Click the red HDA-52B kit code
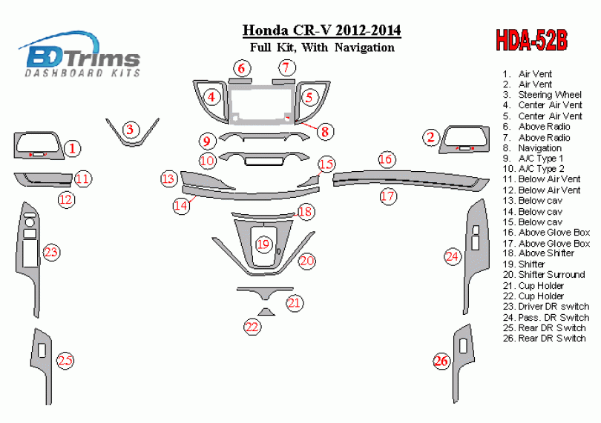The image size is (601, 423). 531,40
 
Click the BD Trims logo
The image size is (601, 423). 79,55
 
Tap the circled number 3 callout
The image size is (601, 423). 130,130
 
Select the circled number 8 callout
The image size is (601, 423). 325,132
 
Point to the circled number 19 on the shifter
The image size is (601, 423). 263,244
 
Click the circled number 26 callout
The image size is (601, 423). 441,361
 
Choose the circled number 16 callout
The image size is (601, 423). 386,159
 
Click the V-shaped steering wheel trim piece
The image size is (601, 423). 132,142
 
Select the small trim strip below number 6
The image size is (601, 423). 240,81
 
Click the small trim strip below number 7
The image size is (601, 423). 283,81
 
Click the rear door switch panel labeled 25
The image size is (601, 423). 42,364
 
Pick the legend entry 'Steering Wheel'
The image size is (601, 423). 550,95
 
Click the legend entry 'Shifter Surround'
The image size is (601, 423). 551,275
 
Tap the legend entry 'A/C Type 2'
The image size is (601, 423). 541,169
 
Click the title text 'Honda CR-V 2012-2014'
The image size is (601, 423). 322,30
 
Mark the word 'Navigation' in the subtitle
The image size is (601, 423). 364,47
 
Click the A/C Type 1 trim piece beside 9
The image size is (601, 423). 263,136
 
